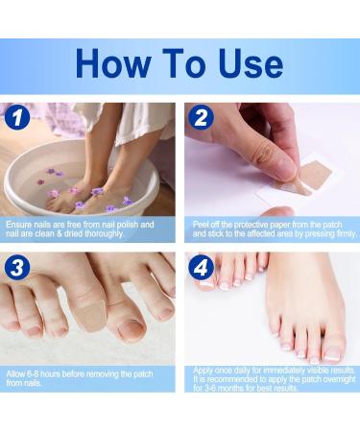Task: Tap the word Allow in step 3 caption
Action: [17, 372]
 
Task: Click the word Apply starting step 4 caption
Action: [206, 370]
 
